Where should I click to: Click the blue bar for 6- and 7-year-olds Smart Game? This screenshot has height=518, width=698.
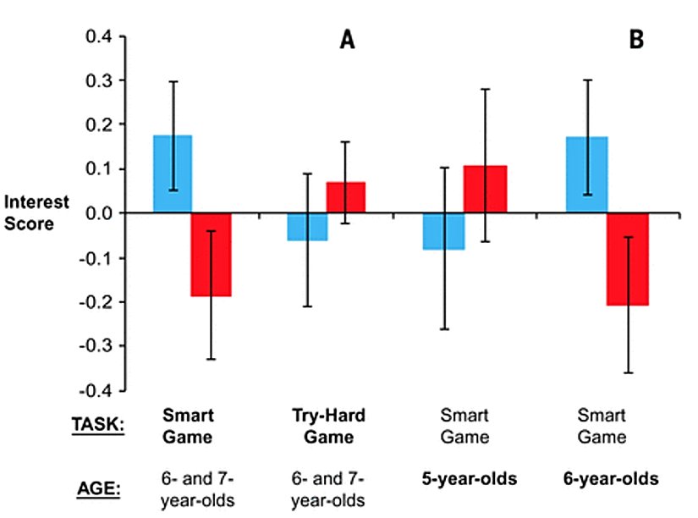tap(173, 174)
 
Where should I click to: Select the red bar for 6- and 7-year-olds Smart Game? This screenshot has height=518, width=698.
tap(211, 254)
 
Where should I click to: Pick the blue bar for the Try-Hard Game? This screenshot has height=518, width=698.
tap(307, 227)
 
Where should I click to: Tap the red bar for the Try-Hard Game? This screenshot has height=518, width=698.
tap(346, 197)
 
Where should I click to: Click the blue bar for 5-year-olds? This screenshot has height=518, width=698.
tap(444, 231)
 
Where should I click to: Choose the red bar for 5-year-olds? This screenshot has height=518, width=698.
tap(484, 189)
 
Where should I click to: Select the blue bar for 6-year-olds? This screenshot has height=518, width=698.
tap(587, 174)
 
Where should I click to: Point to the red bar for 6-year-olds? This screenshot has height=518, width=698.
tap(627, 258)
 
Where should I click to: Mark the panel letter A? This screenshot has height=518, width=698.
tap(347, 39)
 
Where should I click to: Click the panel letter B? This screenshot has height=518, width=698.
tap(635, 39)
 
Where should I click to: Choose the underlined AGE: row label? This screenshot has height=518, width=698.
tap(99, 488)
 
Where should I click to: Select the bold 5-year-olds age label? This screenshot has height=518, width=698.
tap(470, 479)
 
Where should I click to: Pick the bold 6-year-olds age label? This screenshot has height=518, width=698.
tap(610, 479)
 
